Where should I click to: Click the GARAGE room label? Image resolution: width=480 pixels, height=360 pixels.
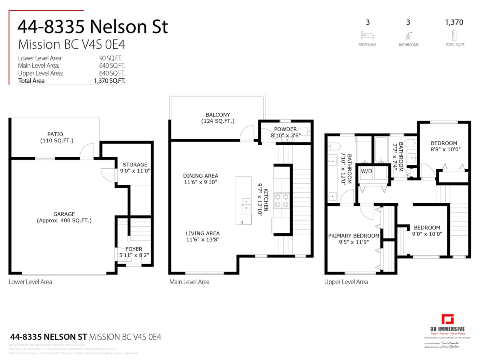64,214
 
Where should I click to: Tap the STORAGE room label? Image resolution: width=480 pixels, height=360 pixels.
135,164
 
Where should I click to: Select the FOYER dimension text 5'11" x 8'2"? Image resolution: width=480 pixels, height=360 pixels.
134,255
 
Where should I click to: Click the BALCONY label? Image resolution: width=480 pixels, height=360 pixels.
218,115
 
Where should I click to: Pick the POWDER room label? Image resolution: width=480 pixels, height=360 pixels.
285,129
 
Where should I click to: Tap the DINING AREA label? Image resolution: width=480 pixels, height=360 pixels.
200,176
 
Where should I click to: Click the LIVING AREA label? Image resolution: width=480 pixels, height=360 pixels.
202,233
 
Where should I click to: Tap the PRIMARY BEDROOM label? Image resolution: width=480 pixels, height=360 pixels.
354,236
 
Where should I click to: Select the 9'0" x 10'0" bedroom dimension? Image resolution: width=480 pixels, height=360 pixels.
427,234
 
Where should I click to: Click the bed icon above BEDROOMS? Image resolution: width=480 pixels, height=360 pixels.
367,35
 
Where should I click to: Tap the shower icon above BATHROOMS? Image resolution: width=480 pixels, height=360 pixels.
408,35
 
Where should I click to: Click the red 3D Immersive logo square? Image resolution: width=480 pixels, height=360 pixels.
447,320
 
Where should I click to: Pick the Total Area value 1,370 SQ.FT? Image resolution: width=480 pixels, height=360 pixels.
109,80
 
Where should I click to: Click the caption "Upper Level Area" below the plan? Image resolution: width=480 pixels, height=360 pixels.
346,282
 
